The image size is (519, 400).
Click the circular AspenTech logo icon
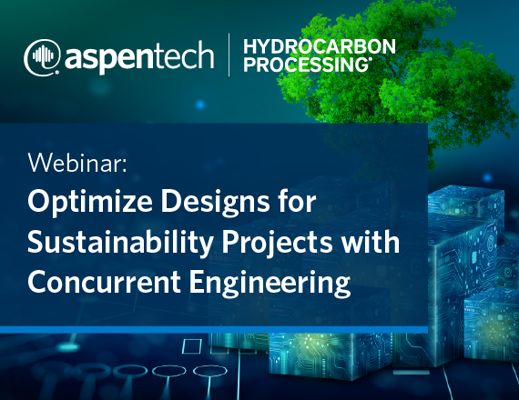(42, 57)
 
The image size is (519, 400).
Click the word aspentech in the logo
(139, 57)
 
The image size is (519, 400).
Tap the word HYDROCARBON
(320, 46)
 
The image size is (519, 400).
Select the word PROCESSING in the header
(306, 65)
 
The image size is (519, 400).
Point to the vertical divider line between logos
(229, 55)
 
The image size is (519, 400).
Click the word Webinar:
(77, 163)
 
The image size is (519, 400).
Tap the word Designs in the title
(215, 202)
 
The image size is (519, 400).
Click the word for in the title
(297, 201)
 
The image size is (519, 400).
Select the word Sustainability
(120, 243)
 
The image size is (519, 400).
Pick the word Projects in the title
(277, 243)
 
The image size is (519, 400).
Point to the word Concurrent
(105, 282)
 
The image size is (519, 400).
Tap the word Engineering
(270, 283)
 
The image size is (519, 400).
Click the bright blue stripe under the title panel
(214, 330)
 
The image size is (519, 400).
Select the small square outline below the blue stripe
(192, 346)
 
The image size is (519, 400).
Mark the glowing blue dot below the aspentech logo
(200, 105)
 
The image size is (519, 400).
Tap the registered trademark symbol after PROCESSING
(370, 59)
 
